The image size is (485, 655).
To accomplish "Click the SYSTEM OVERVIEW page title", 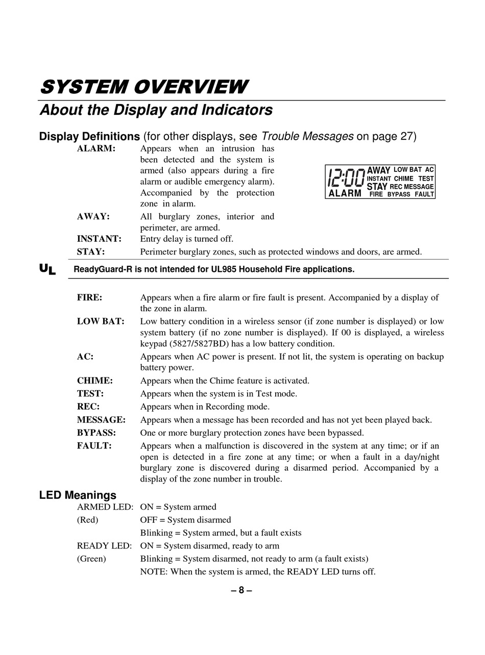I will click(144, 87).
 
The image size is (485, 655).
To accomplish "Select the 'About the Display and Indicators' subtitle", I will click(156, 110).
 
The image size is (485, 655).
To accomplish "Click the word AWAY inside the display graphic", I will click(378, 170).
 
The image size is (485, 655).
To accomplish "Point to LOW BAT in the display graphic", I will click(407, 169).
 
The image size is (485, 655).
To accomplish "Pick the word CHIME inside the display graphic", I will click(403, 179).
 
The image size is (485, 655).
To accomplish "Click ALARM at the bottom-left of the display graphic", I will click(345, 194).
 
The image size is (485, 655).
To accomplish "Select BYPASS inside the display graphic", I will click(399, 194).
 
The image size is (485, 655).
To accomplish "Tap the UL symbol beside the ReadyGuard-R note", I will click(47, 269).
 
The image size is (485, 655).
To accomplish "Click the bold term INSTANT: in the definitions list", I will click(99, 239).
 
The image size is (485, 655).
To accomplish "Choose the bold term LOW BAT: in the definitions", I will click(101, 321).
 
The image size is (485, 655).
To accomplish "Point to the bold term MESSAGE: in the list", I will click(101, 420).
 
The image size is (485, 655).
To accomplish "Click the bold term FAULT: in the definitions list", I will click(94, 446).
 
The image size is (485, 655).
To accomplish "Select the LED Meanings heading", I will click(78, 495).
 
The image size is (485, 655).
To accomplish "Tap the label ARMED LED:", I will click(105, 507).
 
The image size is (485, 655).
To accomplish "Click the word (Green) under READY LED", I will click(91, 559).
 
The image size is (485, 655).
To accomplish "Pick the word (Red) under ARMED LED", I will click(88, 520).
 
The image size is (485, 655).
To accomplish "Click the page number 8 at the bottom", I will click(241, 591).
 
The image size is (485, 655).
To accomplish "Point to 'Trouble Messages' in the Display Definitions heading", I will click(307, 136).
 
